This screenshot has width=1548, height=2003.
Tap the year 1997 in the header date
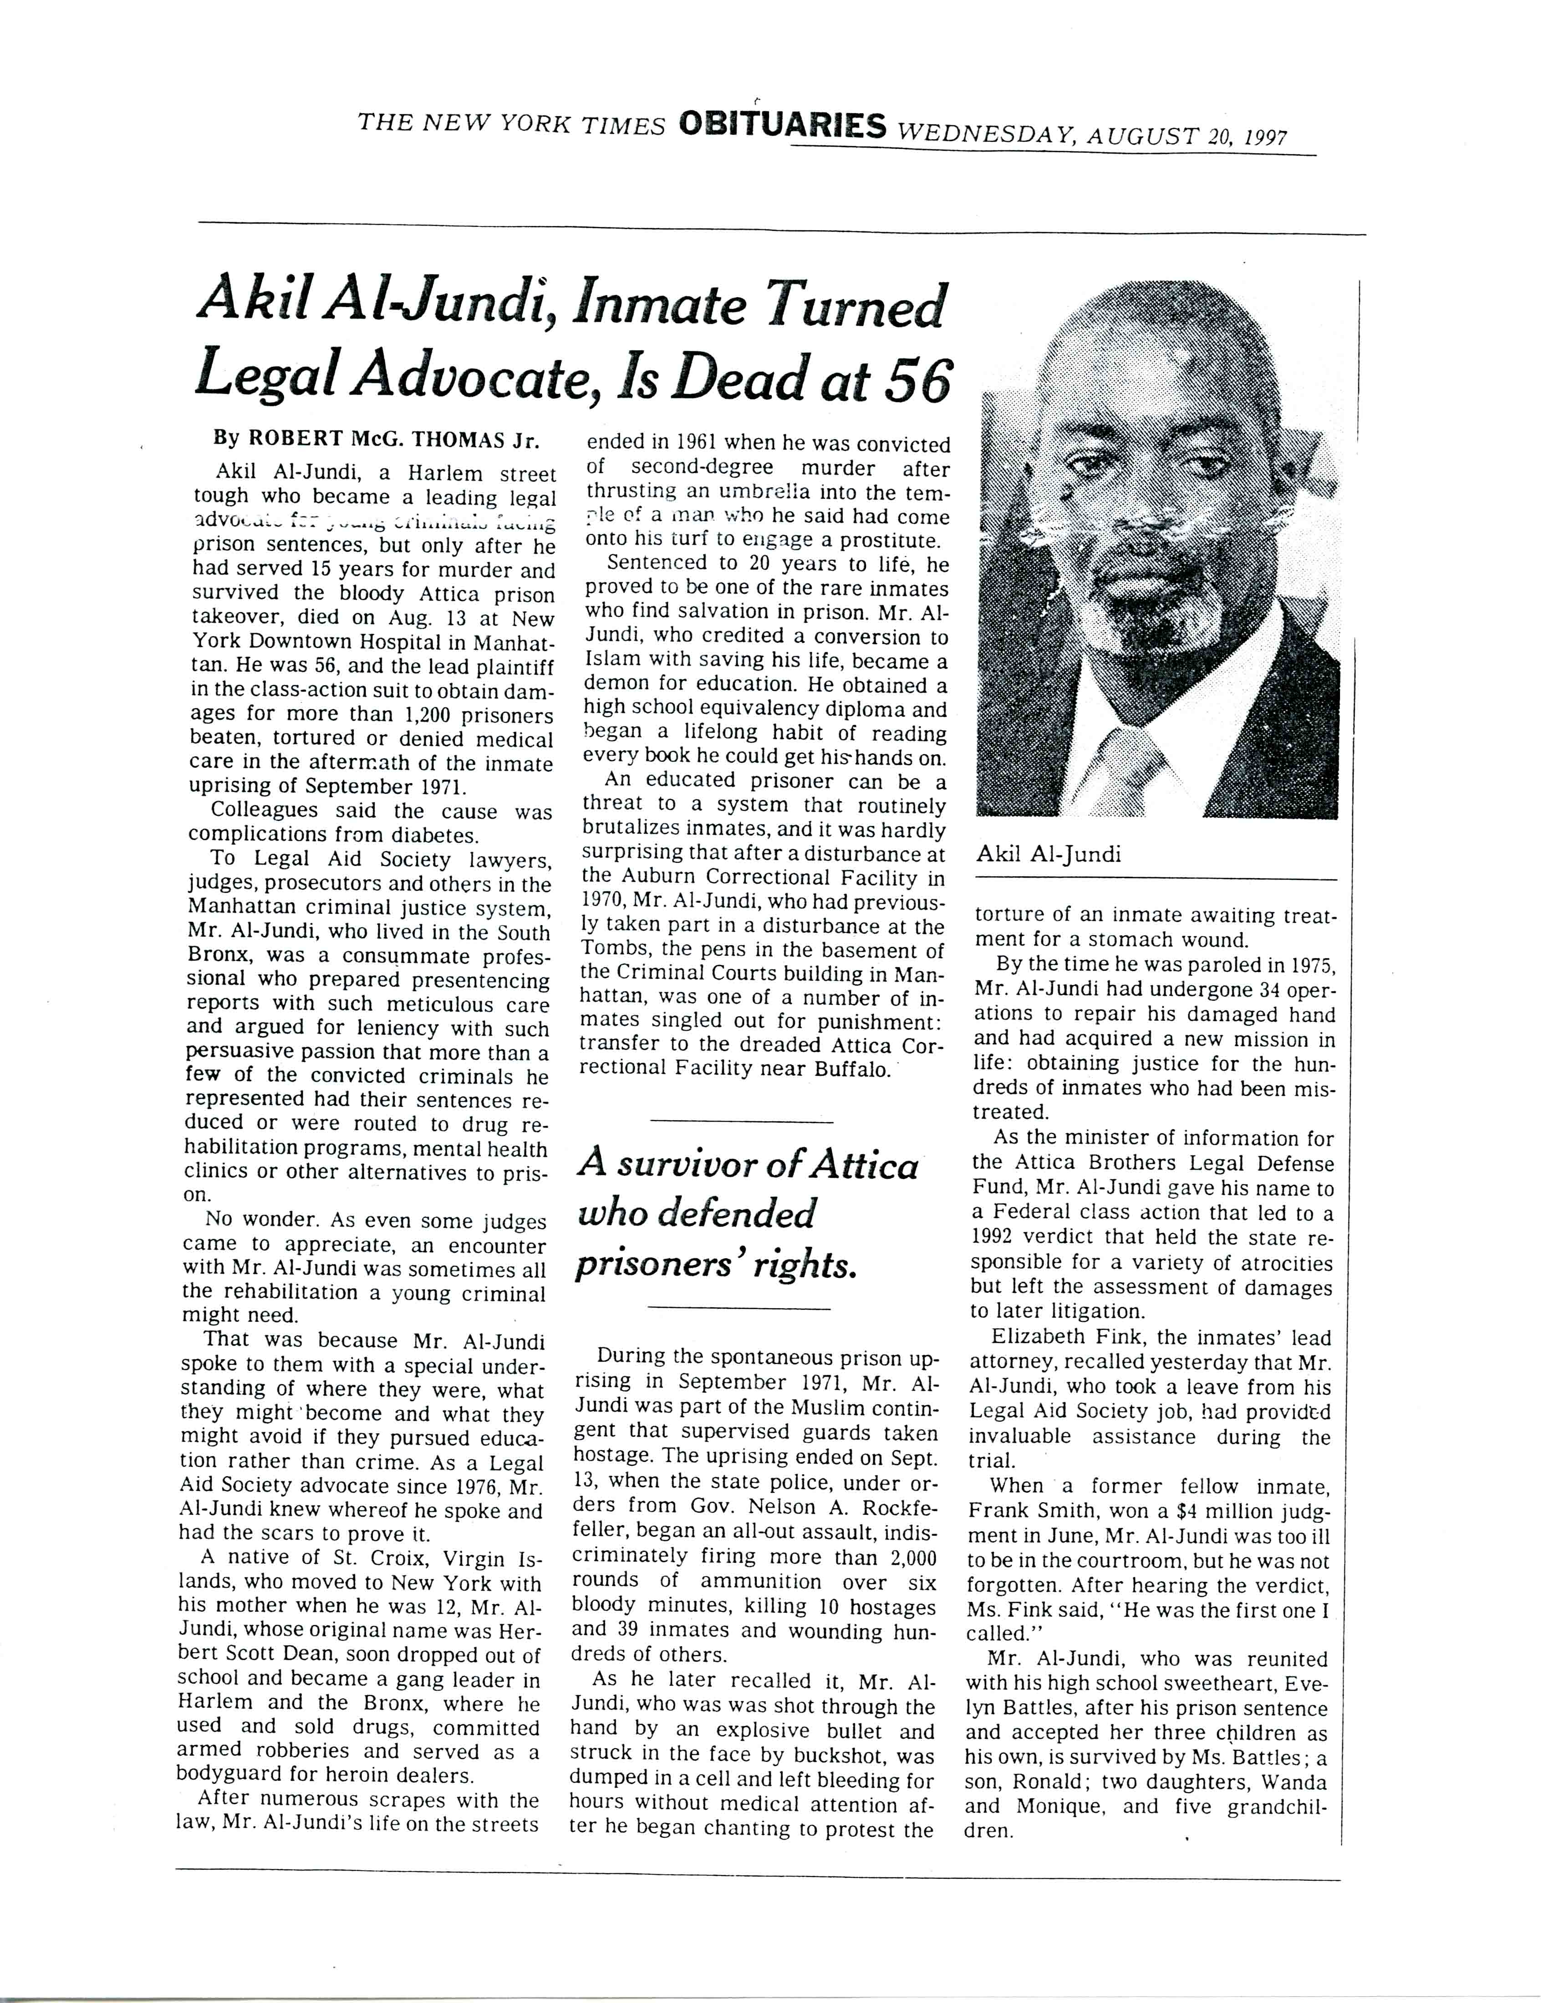click(1267, 137)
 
